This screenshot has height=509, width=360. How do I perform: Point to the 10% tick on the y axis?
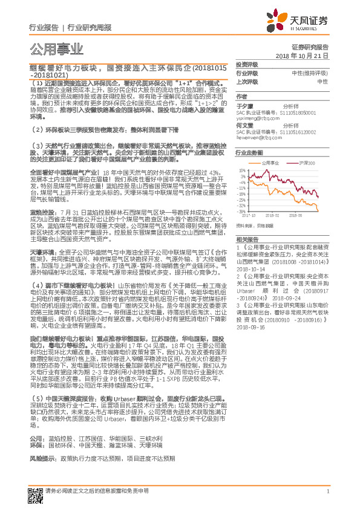click(x=242, y=170)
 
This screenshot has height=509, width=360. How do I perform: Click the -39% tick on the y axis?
click(x=242, y=212)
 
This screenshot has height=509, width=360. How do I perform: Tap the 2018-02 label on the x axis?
click(x=270, y=215)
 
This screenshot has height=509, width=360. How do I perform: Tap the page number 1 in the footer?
click(x=327, y=491)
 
